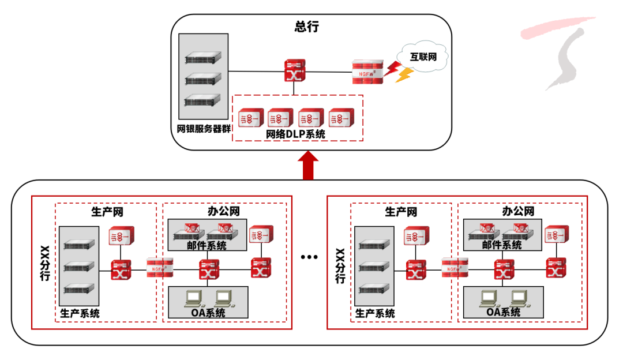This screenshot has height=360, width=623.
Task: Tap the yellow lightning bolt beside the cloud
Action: click(404, 75)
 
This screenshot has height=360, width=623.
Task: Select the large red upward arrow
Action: click(309, 165)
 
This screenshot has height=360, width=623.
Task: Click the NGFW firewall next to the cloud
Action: click(367, 73)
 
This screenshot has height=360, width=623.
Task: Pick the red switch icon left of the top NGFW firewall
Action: click(294, 70)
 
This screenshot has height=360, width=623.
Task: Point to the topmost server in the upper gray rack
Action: click(203, 58)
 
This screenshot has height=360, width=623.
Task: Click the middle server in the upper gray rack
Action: click(203, 79)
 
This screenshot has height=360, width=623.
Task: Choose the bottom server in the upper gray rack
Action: click(203, 100)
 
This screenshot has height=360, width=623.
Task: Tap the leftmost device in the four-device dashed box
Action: click(250, 118)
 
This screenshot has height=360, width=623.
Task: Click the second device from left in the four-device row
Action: click(280, 118)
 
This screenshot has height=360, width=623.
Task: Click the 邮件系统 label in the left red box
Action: click(207, 246)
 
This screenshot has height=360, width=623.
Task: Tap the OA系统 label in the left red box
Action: click(208, 313)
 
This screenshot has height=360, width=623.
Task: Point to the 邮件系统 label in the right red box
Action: click(502, 245)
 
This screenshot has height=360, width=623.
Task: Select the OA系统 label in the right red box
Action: click(504, 312)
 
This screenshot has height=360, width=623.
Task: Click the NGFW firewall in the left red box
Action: click(160, 268)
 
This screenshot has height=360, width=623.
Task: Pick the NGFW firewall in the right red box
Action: click(455, 268)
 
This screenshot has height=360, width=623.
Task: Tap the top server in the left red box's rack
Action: click(79, 245)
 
